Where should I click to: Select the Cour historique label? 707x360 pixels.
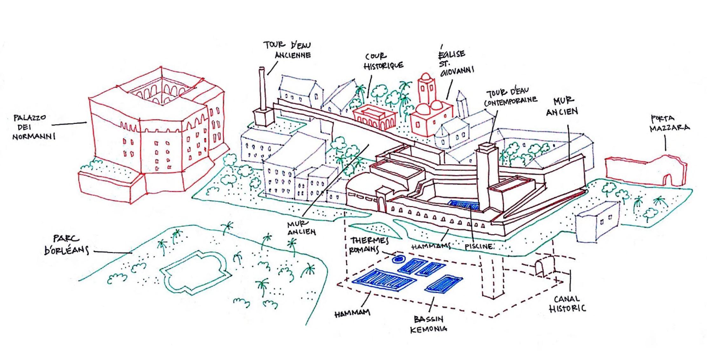[x=383, y=61]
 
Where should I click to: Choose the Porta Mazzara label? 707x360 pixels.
[x=669, y=124]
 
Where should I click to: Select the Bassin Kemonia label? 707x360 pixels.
[x=429, y=324]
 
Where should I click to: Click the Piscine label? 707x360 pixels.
[x=479, y=246]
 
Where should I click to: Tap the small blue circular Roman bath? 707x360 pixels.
[x=397, y=259]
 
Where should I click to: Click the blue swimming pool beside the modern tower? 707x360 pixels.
[x=463, y=205]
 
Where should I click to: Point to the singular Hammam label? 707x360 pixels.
[x=352, y=313]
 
